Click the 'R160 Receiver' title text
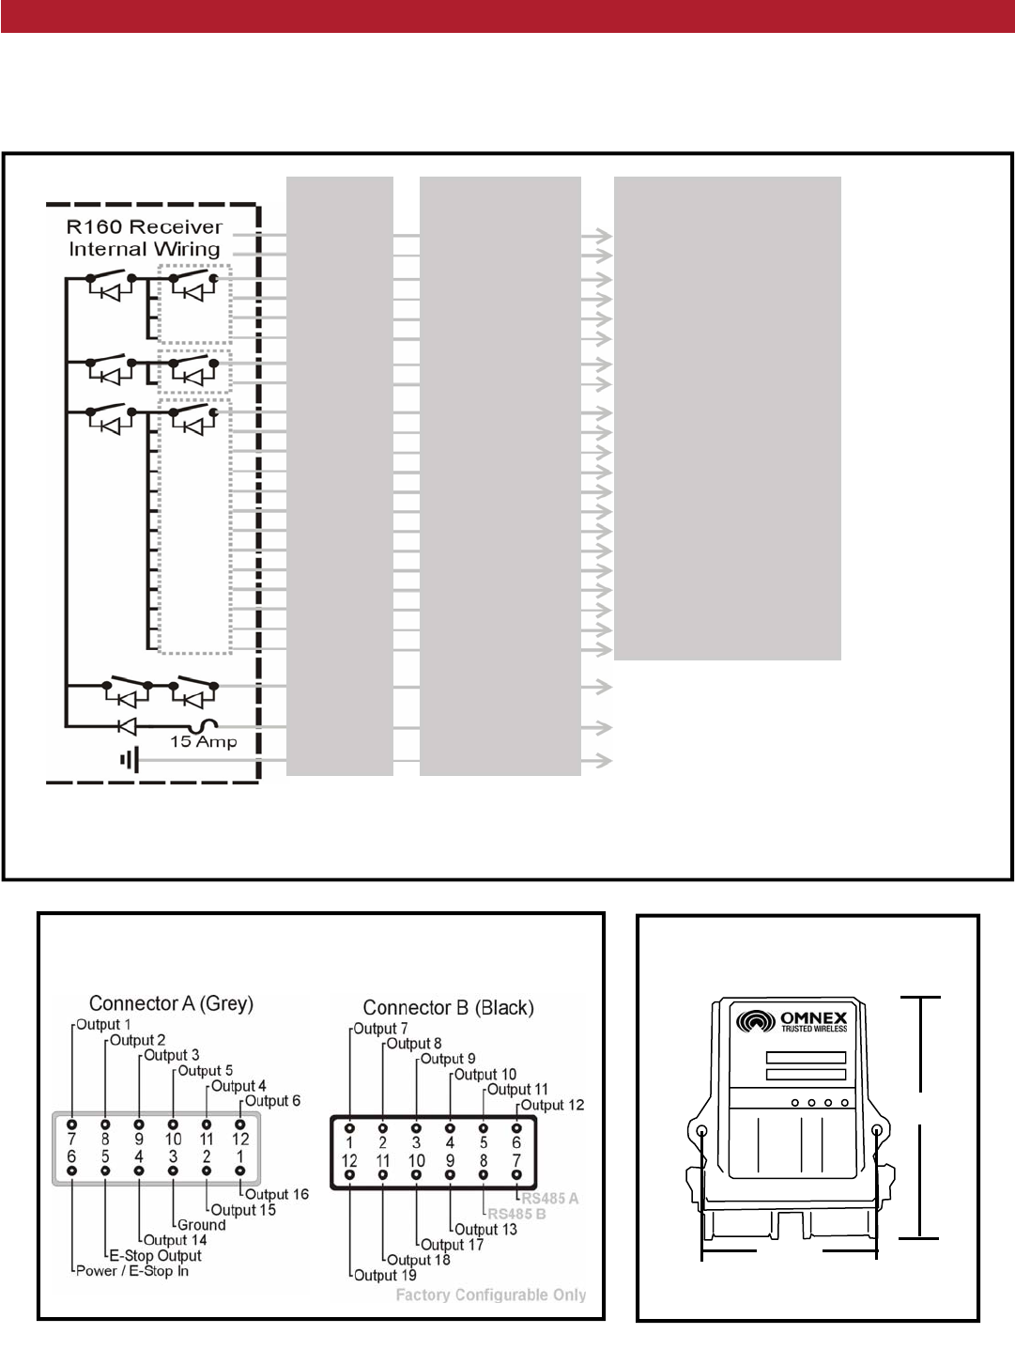tap(144, 227)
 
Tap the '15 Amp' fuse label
tap(203, 742)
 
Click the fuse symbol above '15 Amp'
tap(203, 725)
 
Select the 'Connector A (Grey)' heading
tap(171, 1003)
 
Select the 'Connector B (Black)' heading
tap(448, 1008)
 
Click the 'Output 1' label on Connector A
tap(103, 1025)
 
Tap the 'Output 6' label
tap(272, 1101)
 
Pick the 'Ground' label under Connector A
tap(202, 1225)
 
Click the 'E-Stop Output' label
tap(155, 1256)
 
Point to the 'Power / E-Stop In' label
tap(132, 1271)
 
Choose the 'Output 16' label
tap(276, 1195)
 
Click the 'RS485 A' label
tap(549, 1199)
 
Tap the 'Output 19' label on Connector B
tap(385, 1276)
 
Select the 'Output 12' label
tap(552, 1106)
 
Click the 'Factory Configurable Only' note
tap(490, 1295)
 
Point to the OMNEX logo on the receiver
tap(792, 1020)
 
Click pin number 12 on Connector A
tap(240, 1140)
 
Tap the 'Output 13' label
tap(485, 1230)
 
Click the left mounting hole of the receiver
tap(701, 1131)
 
